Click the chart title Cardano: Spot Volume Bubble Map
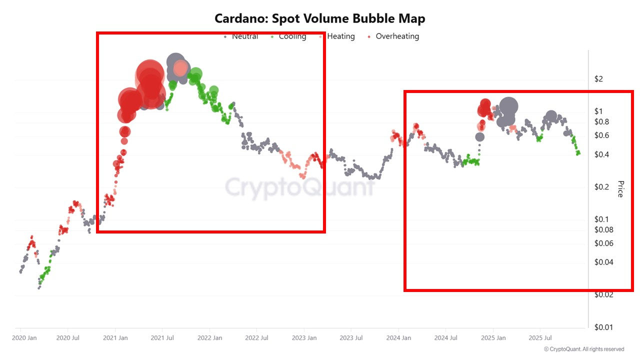(x=320, y=18)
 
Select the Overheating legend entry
(x=397, y=36)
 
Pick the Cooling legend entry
(x=292, y=36)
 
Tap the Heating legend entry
(x=340, y=36)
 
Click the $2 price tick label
(x=599, y=79)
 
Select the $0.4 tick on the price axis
(x=602, y=154)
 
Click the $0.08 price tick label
(x=604, y=230)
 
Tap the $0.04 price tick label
(x=604, y=262)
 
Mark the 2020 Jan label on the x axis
(x=25, y=338)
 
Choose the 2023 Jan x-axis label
(x=305, y=338)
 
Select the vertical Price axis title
(x=620, y=189)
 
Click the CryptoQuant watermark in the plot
(x=300, y=187)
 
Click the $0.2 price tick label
(x=602, y=187)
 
